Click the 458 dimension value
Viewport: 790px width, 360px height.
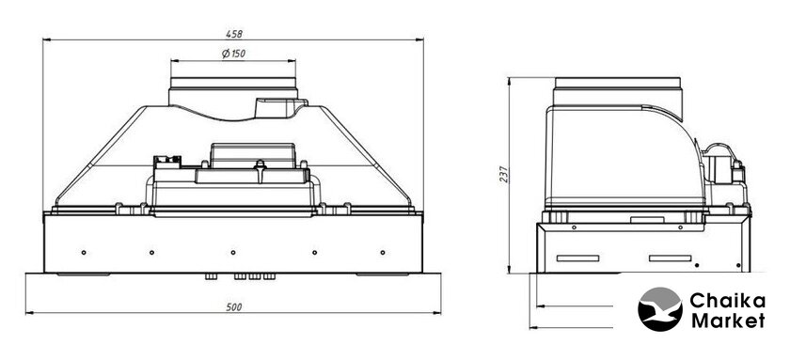pos(234,34)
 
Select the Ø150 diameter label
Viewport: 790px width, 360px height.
pos(234,54)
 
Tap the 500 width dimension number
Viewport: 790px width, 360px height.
pos(234,307)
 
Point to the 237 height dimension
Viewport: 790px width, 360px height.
pos(504,174)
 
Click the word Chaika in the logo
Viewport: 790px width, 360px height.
pos(727,302)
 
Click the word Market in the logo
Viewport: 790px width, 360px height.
pos(728,321)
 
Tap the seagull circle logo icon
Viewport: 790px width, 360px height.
pos(660,309)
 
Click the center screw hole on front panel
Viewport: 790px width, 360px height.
pos(233,252)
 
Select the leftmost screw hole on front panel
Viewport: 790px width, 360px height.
pos(84,252)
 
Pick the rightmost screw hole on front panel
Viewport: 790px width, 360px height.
pos(383,252)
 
